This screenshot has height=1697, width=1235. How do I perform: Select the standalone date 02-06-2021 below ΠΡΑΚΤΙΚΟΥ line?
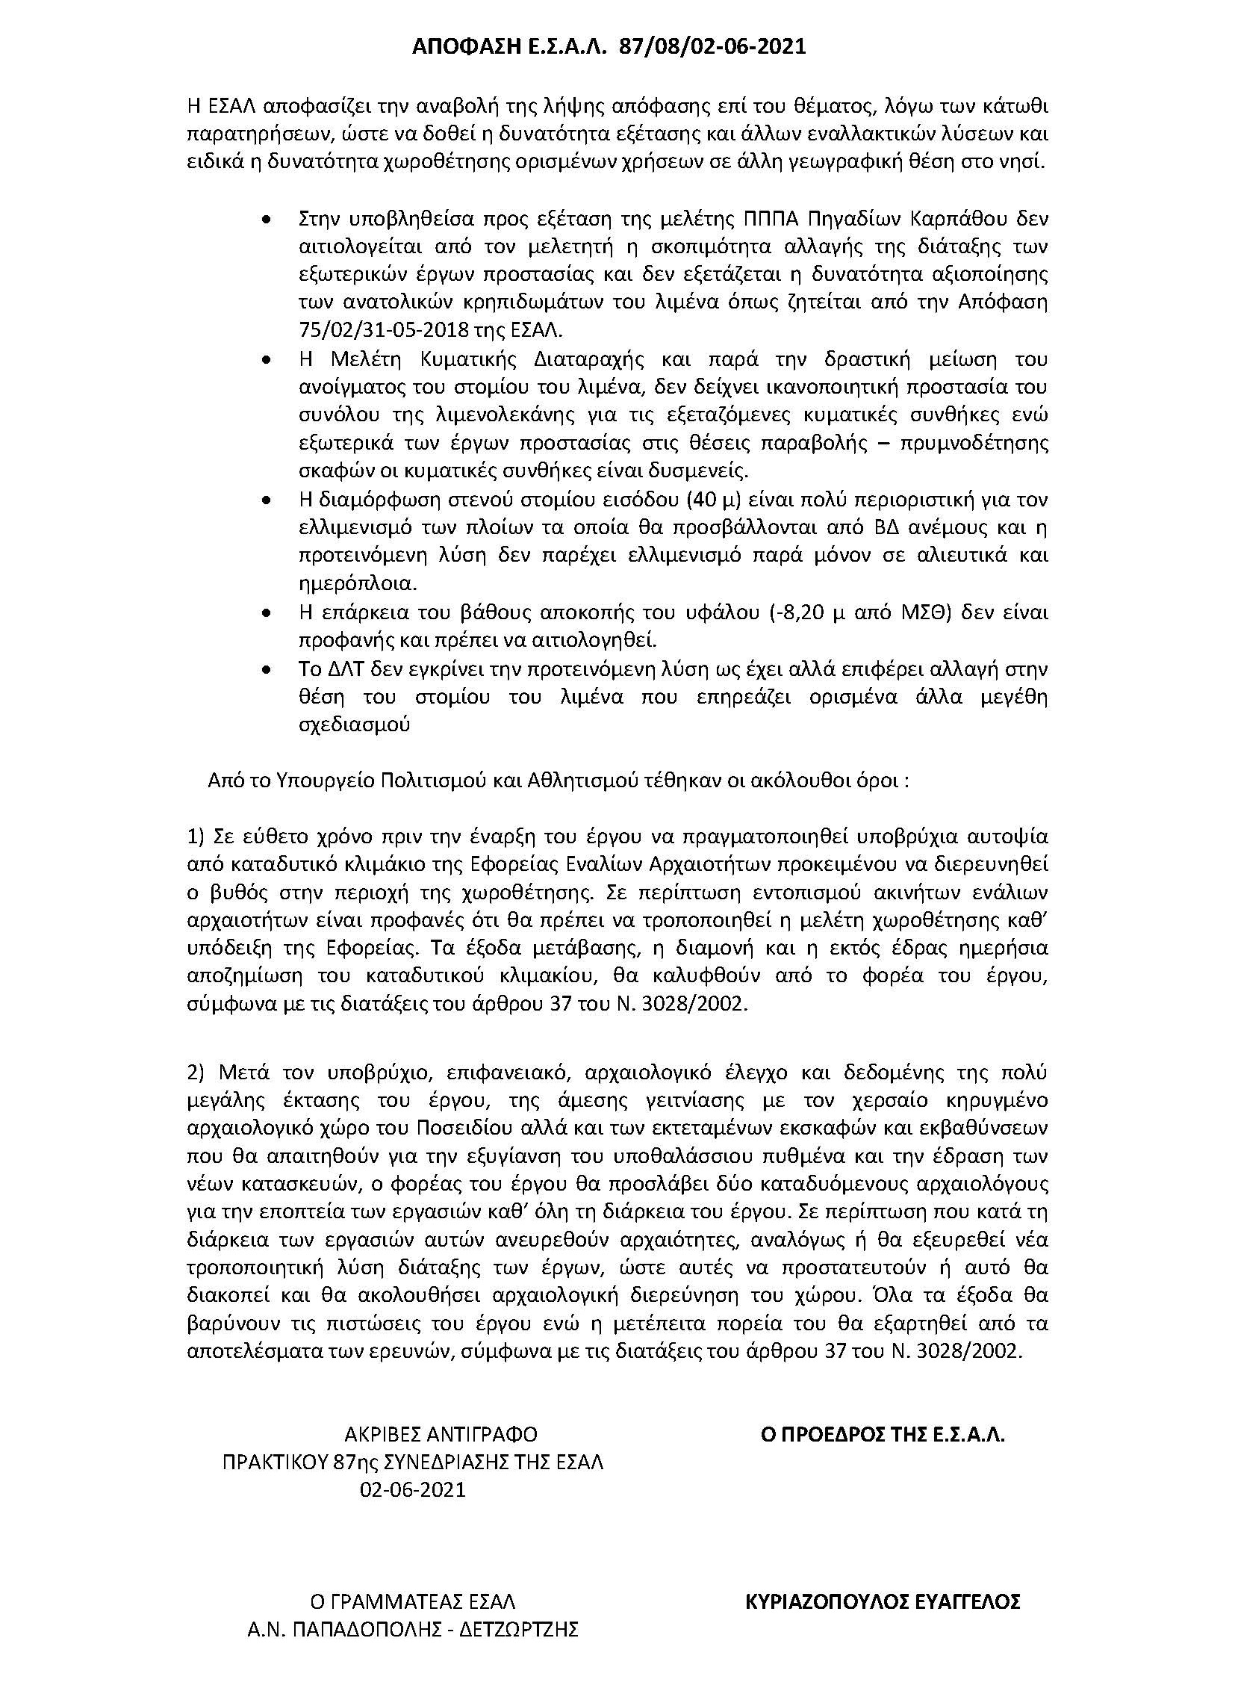[x=412, y=1490]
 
